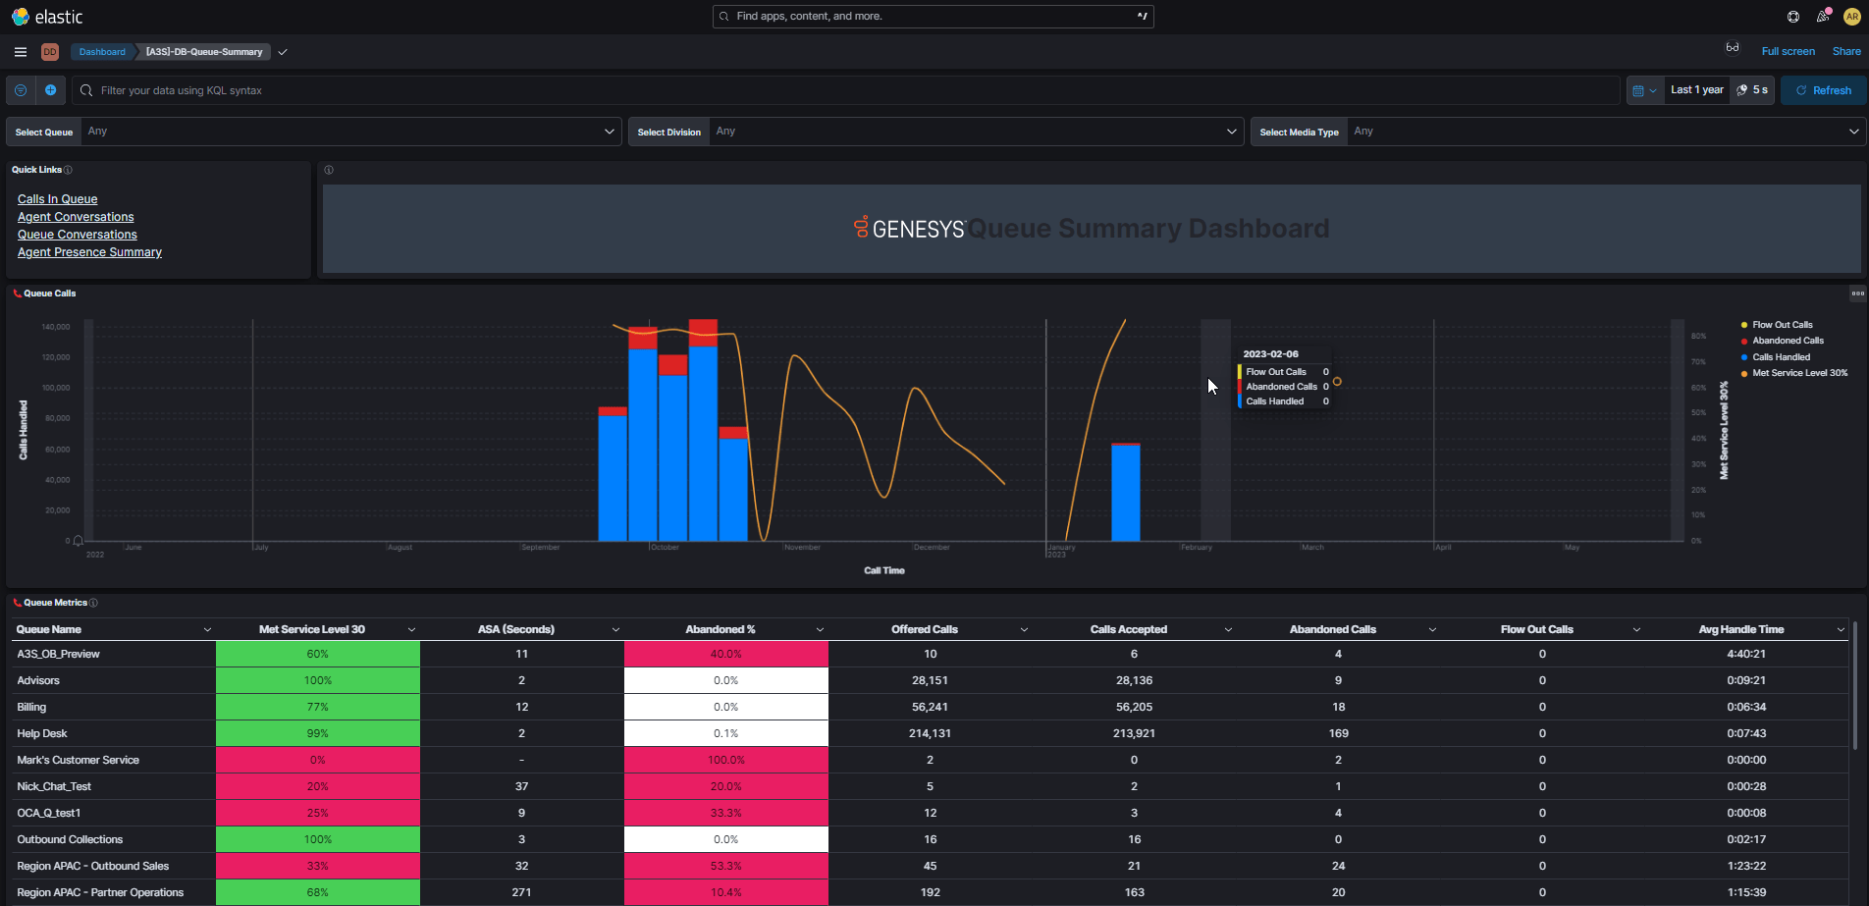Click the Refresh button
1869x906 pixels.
point(1823,90)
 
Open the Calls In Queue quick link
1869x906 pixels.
point(57,199)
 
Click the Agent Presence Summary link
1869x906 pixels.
point(89,252)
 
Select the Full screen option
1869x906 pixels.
point(1788,51)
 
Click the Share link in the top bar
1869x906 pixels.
point(1845,51)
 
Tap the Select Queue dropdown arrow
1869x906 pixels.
point(609,132)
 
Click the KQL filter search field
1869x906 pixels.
point(844,90)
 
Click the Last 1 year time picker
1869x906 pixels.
point(1696,90)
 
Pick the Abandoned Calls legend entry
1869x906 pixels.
point(1788,341)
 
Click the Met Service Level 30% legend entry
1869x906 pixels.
point(1799,373)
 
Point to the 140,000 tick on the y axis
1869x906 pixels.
point(56,327)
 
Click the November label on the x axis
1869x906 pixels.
point(802,548)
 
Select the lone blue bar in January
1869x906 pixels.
point(1125,493)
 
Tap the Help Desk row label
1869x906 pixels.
point(42,733)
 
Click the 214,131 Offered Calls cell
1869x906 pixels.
point(930,733)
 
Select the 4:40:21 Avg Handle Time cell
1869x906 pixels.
point(1745,654)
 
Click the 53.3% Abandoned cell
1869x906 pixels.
point(725,866)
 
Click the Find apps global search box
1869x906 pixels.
point(933,17)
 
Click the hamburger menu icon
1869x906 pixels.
point(21,52)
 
